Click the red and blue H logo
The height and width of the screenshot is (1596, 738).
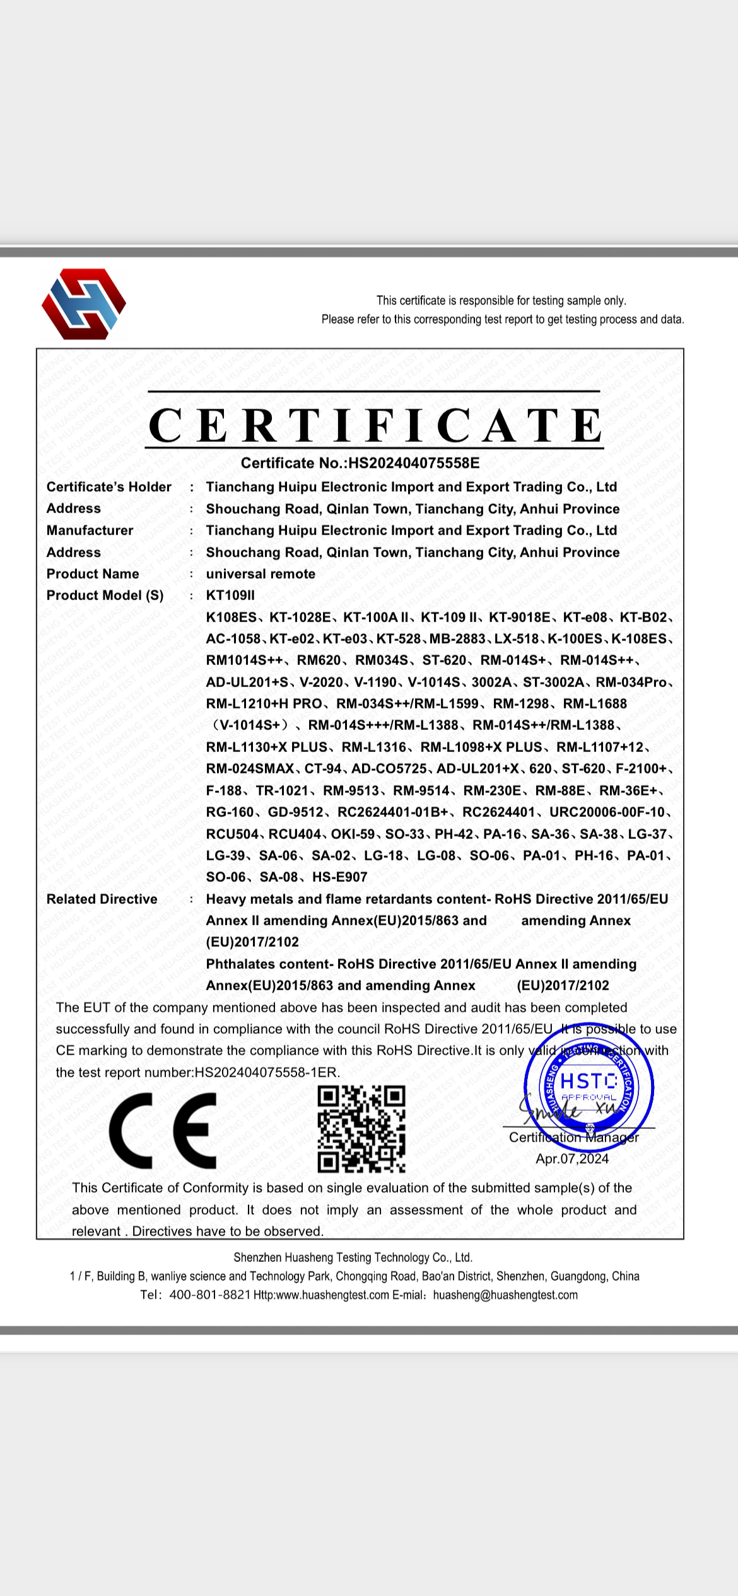click(84, 304)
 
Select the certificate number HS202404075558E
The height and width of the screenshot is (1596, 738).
click(414, 463)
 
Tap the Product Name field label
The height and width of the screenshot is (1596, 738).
click(93, 574)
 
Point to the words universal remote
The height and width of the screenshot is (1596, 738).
click(261, 574)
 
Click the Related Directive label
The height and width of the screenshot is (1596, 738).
click(102, 899)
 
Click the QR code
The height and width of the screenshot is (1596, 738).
click(361, 1128)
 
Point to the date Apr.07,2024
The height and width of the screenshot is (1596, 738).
click(572, 1159)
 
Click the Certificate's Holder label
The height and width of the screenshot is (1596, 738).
click(108, 487)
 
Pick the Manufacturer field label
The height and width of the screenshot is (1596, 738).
click(90, 530)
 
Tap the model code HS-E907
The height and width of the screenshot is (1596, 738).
click(340, 877)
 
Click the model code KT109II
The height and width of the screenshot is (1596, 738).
click(230, 595)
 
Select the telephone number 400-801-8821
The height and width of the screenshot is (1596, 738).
click(210, 1295)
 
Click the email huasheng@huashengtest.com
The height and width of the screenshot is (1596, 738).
click(505, 1295)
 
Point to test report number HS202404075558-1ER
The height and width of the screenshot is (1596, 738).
click(266, 1072)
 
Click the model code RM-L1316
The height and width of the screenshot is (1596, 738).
click(374, 747)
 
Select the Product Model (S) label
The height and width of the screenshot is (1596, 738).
click(105, 595)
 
